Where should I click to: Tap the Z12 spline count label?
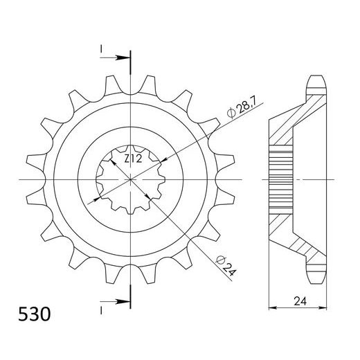(x=134, y=159)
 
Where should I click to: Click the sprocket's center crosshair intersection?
(x=131, y=179)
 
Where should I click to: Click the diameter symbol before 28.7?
(x=228, y=113)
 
